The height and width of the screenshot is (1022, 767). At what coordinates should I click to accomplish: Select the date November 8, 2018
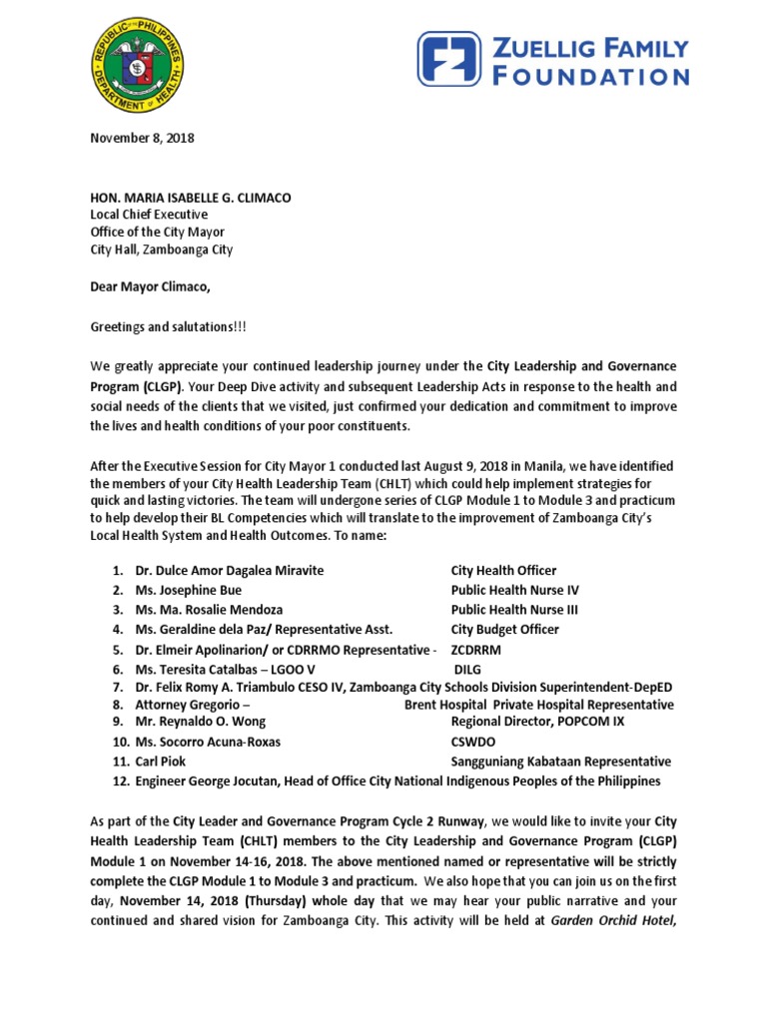click(142, 138)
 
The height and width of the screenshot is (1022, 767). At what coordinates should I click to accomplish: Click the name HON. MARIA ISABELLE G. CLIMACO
click(190, 198)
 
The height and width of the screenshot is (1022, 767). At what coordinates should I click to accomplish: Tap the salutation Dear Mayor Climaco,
click(151, 288)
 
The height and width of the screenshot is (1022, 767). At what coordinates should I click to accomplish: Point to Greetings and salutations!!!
click(164, 325)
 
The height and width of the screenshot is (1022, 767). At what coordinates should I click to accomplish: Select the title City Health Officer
click(503, 570)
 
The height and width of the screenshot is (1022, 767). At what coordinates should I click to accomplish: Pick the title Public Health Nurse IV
click(514, 590)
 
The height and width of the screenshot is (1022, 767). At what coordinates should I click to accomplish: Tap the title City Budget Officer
click(504, 629)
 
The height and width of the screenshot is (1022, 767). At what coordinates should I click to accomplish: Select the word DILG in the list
click(470, 669)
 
